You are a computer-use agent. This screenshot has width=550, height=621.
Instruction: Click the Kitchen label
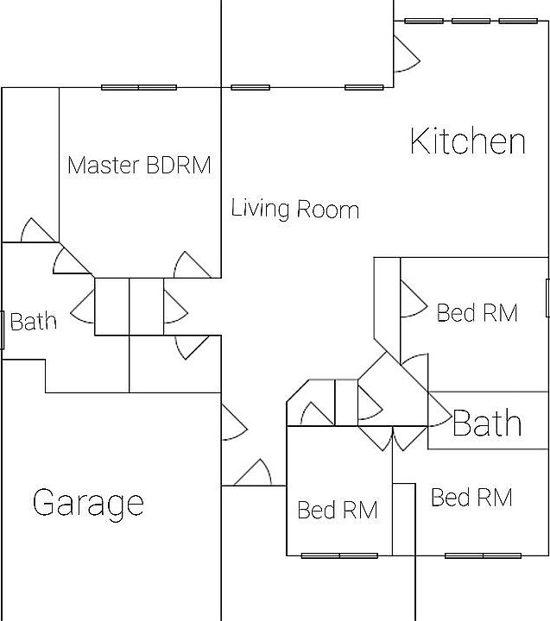point(467,141)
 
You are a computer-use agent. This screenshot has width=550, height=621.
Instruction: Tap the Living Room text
point(295,209)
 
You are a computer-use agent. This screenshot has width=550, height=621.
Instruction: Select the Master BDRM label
point(139,165)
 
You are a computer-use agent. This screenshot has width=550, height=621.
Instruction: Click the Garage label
point(88,502)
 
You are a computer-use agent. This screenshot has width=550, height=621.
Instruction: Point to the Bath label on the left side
point(34,323)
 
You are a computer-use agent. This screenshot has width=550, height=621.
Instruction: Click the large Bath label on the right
point(487,423)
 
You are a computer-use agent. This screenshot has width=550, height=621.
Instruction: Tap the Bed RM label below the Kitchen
point(477,312)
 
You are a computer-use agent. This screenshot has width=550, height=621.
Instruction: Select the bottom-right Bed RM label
point(471,498)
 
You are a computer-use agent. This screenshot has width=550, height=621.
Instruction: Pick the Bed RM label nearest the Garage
point(338,510)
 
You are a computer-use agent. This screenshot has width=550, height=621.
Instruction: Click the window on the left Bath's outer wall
point(3,329)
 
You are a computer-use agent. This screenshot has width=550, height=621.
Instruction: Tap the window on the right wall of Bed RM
point(547,298)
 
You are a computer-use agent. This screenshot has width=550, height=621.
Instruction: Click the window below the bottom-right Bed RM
point(484,555)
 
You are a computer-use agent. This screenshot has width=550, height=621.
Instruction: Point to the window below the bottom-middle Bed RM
point(339,555)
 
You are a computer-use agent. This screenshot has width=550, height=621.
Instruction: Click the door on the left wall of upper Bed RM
point(410,299)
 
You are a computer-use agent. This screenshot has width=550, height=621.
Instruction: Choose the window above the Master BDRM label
point(139,87)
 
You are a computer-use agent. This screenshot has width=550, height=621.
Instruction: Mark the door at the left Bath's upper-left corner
point(36,231)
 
